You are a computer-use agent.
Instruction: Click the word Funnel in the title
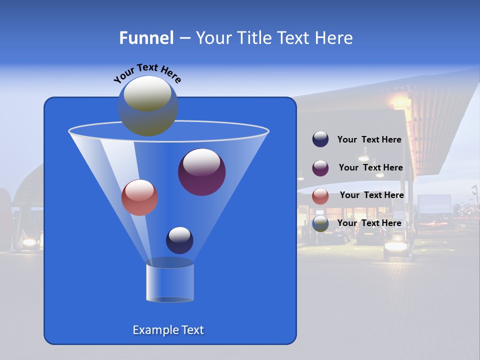click(x=146, y=38)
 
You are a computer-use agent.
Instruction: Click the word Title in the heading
click(x=254, y=38)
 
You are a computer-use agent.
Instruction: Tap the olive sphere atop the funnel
click(x=147, y=105)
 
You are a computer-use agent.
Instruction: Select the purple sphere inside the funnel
click(x=201, y=172)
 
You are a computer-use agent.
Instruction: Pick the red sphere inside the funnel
click(x=139, y=197)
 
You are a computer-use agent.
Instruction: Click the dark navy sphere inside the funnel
click(x=179, y=240)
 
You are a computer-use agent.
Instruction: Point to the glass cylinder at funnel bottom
click(x=170, y=282)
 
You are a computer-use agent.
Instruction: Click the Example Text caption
click(x=168, y=330)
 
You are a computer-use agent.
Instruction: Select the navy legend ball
click(x=320, y=139)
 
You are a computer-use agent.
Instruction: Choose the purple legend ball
click(x=320, y=167)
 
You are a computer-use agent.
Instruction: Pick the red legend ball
click(x=320, y=195)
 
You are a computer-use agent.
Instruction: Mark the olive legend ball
click(x=320, y=223)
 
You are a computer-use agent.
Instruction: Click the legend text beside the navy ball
click(x=369, y=140)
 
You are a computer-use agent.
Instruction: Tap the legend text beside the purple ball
click(x=370, y=168)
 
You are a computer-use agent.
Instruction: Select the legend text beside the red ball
click(x=371, y=195)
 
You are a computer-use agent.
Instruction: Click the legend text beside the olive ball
click(x=369, y=223)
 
